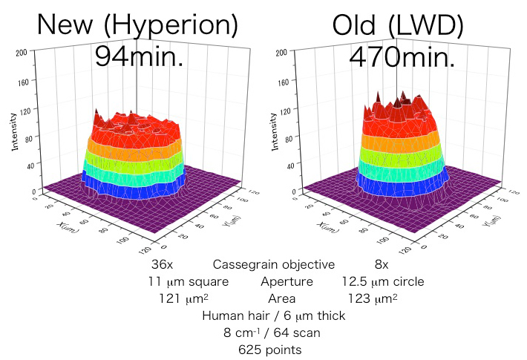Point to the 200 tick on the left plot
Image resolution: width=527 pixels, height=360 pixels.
22,53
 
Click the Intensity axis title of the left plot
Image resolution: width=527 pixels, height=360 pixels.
14,133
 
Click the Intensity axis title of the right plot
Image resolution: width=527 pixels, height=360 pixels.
275,133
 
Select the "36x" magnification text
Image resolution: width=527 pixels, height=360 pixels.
162,265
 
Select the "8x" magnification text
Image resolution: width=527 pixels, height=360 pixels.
382,265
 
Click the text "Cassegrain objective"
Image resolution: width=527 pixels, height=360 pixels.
274,265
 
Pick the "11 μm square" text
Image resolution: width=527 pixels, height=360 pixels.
188,282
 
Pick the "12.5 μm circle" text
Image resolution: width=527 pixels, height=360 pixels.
382,282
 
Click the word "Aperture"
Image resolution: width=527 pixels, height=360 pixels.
287,282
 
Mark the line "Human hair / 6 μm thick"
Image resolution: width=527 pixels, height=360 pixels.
273,316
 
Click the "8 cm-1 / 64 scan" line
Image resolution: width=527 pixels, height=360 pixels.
273,333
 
